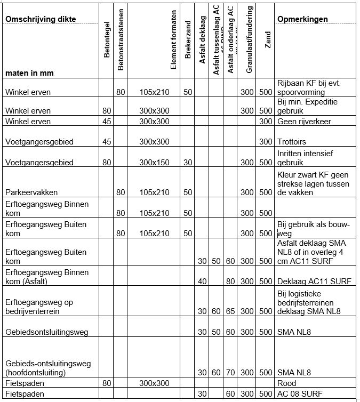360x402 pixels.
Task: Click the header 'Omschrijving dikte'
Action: [x=41, y=20]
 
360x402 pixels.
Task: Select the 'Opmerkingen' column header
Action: [x=302, y=20]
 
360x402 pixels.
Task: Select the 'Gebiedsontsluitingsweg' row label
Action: [x=46, y=332]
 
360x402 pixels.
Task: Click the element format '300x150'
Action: [x=154, y=163]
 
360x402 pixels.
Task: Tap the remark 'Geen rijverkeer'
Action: [x=304, y=122]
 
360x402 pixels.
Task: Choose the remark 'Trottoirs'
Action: [x=292, y=142]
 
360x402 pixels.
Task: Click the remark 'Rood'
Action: [x=287, y=383]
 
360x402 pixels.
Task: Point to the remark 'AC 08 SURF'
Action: [x=300, y=393]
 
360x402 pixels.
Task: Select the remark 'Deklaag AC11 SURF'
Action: [x=314, y=281]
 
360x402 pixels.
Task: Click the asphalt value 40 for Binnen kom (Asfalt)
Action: [x=202, y=281]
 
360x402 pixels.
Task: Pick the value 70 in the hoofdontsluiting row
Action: [x=230, y=372]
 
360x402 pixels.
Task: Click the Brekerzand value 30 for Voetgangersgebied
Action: [x=188, y=163]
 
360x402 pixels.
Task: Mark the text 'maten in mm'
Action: [x=30, y=71]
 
